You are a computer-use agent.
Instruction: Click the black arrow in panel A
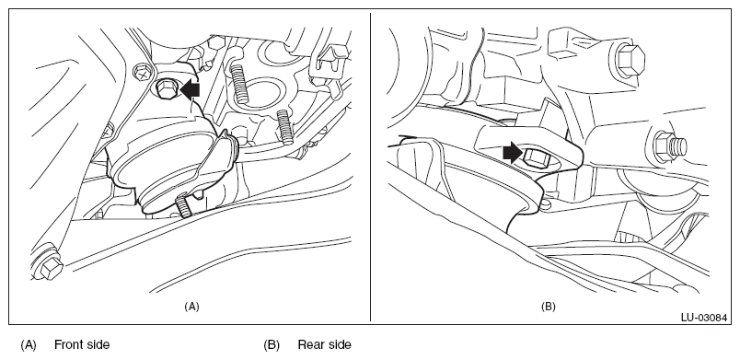point(191,90)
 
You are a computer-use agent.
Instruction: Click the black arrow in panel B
point(513,154)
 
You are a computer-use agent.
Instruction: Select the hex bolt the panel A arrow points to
point(165,88)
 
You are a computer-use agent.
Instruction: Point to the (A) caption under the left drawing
point(191,307)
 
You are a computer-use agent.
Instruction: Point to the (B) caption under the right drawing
point(548,307)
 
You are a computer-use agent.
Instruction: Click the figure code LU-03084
point(704,318)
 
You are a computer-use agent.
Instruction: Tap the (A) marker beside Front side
point(29,345)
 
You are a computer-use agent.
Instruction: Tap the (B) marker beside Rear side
point(272,345)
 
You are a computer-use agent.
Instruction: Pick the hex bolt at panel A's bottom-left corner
point(49,264)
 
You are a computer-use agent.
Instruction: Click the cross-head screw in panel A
point(143,73)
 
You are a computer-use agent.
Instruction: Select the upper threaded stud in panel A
point(239,83)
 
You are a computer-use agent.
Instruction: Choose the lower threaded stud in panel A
point(284,125)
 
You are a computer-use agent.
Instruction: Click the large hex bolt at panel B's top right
point(630,62)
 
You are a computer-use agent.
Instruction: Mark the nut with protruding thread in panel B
point(670,146)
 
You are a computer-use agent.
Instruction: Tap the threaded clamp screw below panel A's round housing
point(184,206)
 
